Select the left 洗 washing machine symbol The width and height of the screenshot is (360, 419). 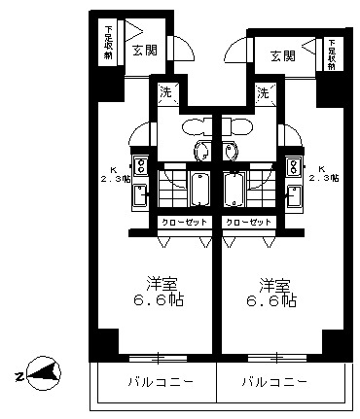(166, 93)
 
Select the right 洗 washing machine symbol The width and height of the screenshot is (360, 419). (263, 93)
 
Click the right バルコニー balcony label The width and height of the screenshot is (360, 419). (275, 380)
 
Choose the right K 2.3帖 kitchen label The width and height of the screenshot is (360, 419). (321, 172)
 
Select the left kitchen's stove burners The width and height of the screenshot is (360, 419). (141, 163)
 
